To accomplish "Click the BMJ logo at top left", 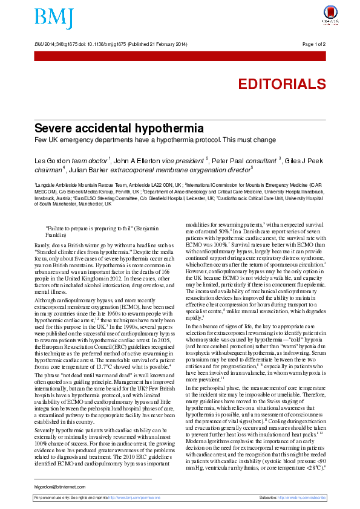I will point(54,18).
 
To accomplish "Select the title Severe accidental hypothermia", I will point(118,128).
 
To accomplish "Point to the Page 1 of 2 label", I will point(313,44).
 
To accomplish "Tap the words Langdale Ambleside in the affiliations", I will point(59,184).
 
